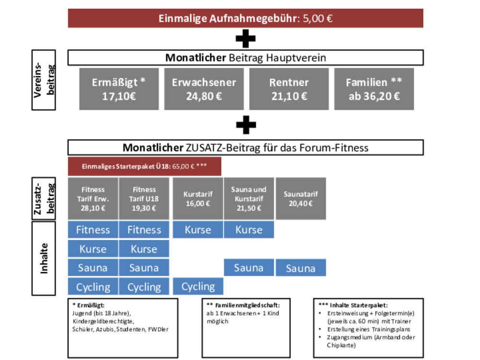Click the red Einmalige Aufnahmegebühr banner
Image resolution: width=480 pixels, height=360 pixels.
(245, 18)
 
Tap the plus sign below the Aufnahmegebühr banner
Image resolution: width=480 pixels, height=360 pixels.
(245, 38)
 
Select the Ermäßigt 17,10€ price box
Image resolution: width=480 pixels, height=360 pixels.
(119, 89)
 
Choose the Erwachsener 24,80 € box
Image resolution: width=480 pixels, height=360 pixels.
(204, 89)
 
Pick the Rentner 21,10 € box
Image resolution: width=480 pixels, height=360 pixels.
(289, 89)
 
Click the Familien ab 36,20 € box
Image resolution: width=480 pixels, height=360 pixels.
(374, 89)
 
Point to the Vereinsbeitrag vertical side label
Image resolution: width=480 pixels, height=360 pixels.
(44, 80)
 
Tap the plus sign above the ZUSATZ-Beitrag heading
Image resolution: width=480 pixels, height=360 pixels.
(246, 125)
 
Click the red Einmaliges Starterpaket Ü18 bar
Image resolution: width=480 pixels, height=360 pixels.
(144, 166)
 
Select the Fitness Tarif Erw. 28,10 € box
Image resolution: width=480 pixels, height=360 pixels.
(93, 199)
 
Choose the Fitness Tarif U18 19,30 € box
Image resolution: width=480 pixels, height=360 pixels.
(144, 199)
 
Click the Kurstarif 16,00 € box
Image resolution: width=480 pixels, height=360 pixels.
(198, 199)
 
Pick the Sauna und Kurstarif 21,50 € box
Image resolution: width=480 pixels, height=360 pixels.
(249, 199)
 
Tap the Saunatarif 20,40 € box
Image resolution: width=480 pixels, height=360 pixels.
(300, 199)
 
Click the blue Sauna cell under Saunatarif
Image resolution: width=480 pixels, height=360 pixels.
(300, 268)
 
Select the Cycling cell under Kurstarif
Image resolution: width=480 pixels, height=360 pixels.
(198, 287)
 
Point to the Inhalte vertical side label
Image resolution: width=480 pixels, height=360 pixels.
(44, 258)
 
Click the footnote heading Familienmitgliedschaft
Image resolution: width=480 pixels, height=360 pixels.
(247, 305)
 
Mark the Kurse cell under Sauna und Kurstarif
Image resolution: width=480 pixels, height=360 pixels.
(249, 229)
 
